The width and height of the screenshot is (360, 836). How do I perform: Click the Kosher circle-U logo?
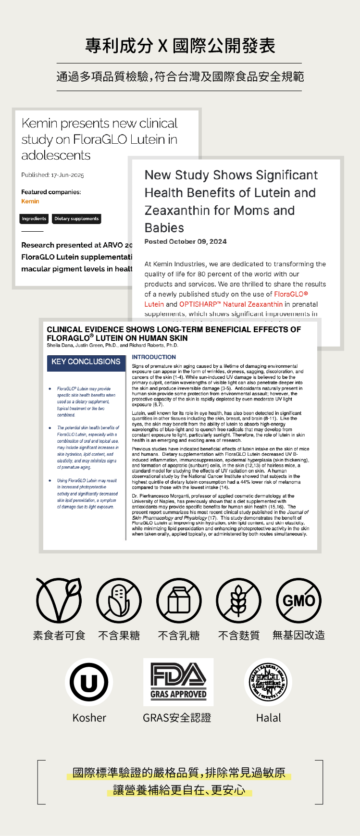coord(89,682)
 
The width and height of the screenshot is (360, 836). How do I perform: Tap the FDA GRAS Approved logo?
coord(178,681)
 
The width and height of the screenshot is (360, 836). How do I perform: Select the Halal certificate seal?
coord(268,682)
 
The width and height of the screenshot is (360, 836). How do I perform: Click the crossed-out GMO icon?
coord(298,600)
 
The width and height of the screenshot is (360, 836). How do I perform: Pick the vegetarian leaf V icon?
coord(59,600)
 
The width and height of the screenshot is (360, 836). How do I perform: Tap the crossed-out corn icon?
coord(119,600)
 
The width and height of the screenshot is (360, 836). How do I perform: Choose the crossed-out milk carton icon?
coord(179,600)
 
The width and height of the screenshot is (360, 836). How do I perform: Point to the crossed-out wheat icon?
coord(239,600)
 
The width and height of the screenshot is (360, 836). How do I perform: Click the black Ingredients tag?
coord(34,219)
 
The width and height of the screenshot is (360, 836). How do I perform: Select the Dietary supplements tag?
coord(76,219)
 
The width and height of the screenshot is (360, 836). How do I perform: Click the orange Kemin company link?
coord(30,201)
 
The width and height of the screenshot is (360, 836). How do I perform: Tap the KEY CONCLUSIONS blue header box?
coord(86,362)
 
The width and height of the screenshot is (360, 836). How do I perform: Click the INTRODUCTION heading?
coord(154,357)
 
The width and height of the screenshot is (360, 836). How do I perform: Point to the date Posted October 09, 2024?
coord(186,241)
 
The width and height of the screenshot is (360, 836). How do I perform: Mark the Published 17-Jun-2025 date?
coord(53,175)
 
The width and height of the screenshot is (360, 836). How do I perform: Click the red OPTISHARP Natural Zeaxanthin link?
coord(231,304)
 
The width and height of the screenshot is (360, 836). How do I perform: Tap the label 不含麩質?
coord(239,636)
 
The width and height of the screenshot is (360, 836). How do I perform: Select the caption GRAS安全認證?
coord(177,718)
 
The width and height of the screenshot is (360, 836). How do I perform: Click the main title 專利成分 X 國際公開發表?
coord(180,46)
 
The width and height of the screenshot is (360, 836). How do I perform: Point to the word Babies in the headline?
coord(164,228)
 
